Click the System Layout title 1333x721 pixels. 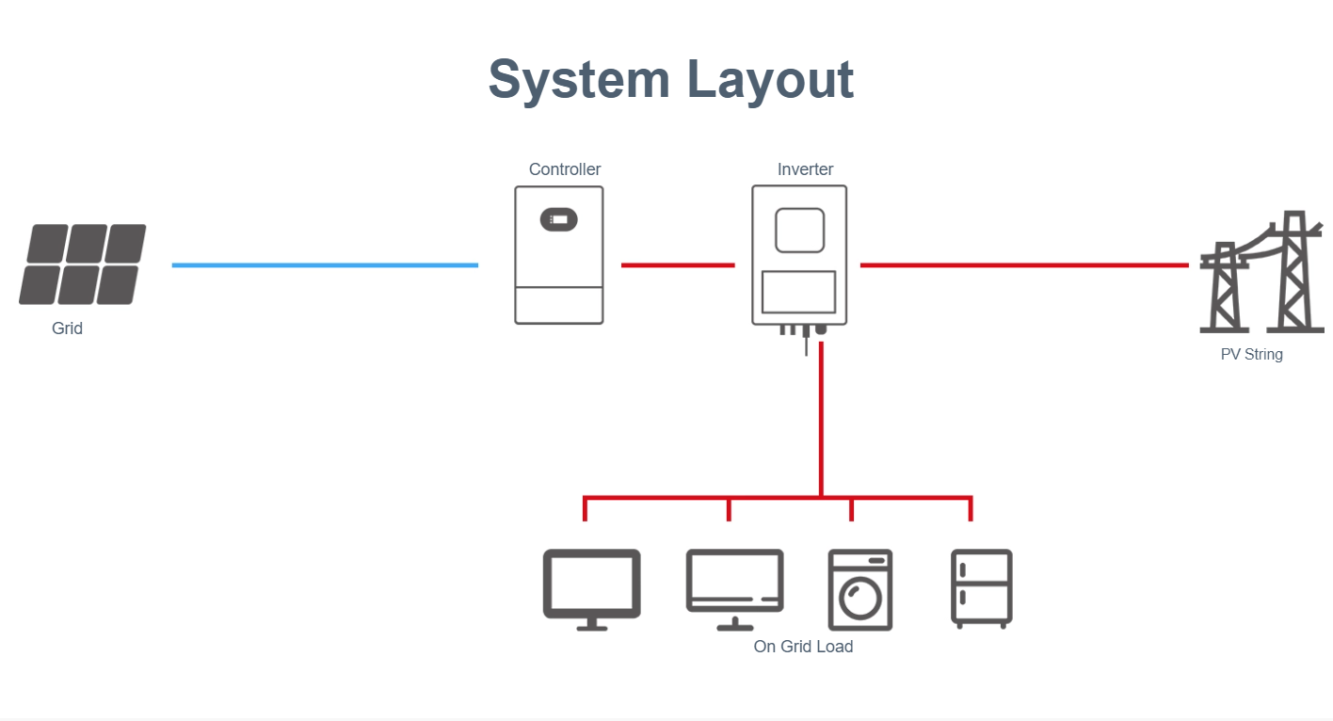pos(670,79)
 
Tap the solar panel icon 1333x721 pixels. pos(83,264)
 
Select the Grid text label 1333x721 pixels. pos(68,328)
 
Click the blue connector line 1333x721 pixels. pos(325,265)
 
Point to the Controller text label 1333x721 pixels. pos(565,169)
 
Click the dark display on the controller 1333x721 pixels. pos(559,219)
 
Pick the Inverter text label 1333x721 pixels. pos(805,169)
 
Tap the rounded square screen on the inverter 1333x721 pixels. pos(799,230)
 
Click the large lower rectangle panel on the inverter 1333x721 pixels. pos(798,292)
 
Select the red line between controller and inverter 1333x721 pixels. pos(678,265)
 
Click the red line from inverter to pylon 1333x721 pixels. pos(1024,265)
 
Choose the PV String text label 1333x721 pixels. pos(1251,355)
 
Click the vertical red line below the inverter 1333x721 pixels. pos(822,419)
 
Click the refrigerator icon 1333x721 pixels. pos(982,588)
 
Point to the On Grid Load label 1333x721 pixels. pos(803,647)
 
